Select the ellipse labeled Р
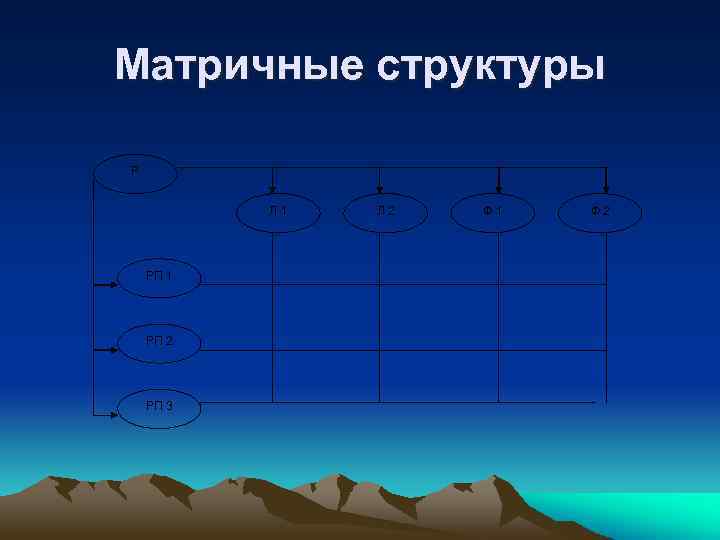click(135, 170)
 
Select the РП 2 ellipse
click(159, 341)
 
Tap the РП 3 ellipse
click(159, 406)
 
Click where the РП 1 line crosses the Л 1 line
click(273, 286)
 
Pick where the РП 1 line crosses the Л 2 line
click(379, 286)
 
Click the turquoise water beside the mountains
click(640, 510)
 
